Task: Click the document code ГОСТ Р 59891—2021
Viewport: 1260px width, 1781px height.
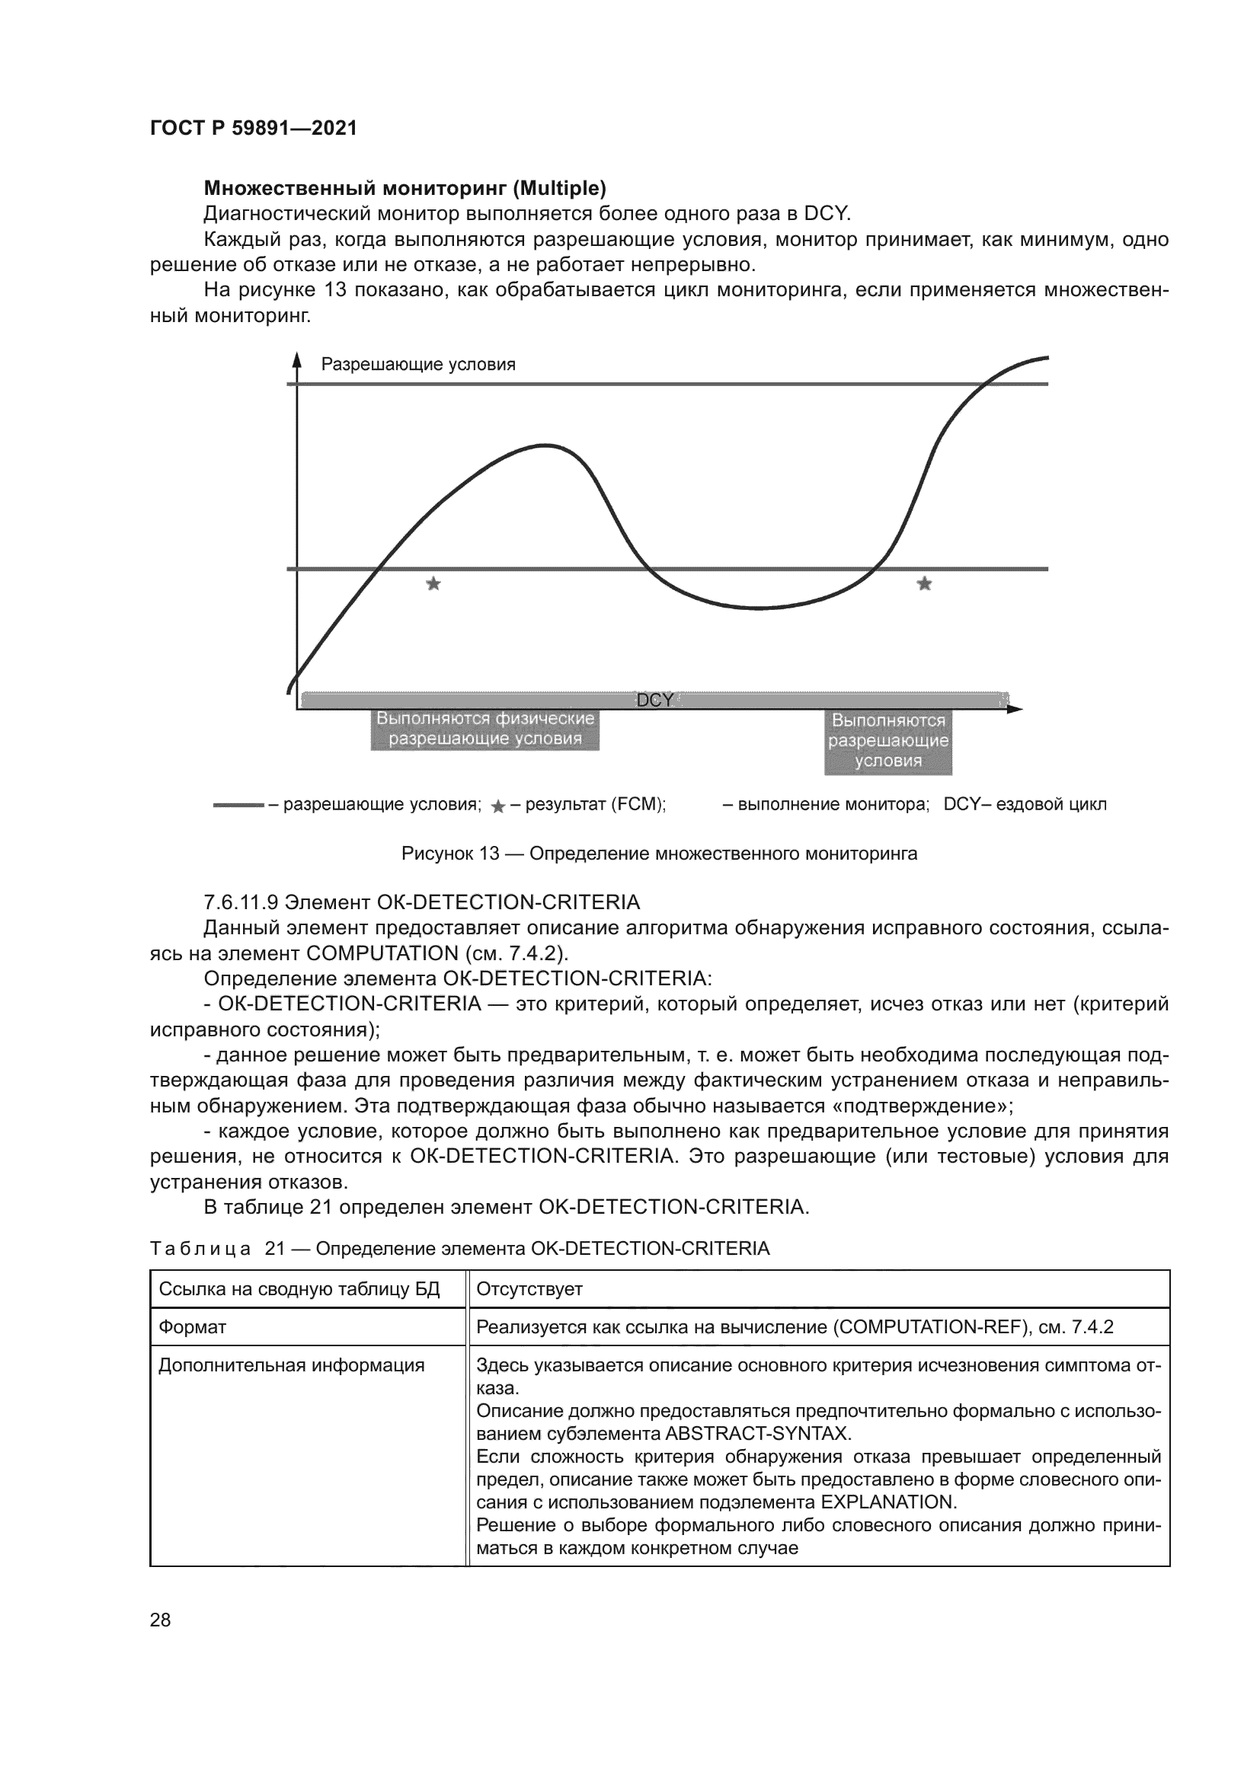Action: click(253, 128)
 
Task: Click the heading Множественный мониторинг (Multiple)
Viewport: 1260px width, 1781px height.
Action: click(405, 189)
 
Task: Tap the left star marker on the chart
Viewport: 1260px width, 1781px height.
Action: click(433, 584)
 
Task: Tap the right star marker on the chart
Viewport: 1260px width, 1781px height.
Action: click(924, 584)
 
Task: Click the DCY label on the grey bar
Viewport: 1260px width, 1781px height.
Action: click(654, 701)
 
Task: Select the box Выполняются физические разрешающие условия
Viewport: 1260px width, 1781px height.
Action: click(485, 730)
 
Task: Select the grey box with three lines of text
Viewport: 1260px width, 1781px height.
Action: click(887, 742)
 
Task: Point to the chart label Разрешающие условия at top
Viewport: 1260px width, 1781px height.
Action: click(418, 365)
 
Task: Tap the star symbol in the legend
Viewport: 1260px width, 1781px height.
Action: click(499, 807)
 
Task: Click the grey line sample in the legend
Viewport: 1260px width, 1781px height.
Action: click(238, 806)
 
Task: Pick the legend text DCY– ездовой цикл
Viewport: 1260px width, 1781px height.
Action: click(1025, 804)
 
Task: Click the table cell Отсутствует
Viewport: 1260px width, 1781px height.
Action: click(529, 1289)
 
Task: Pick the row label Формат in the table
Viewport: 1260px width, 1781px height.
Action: click(193, 1327)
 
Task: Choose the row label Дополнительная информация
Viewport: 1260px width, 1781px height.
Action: click(292, 1365)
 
